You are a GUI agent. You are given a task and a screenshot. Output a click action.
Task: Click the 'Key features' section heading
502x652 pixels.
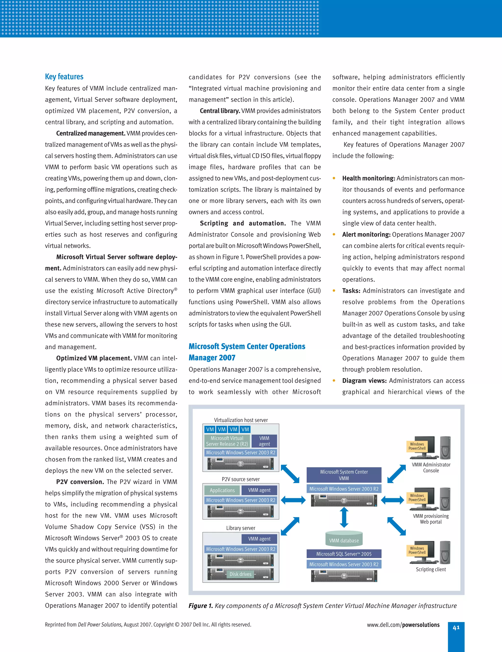tap(64, 77)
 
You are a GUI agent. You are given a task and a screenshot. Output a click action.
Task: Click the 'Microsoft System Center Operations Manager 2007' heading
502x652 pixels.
tap(247, 352)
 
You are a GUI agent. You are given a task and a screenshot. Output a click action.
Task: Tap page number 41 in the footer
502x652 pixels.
tap(456, 627)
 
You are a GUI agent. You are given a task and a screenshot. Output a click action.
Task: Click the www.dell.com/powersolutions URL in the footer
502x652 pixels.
tap(403, 625)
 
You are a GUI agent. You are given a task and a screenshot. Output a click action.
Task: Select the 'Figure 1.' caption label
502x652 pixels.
tap(201, 606)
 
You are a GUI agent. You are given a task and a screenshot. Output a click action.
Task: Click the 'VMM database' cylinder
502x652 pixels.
tap(344, 538)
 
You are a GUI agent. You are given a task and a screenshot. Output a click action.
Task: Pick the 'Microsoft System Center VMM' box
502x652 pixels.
tap(344, 475)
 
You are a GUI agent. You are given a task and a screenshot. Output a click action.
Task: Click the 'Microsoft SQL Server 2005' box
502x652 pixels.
tap(344, 554)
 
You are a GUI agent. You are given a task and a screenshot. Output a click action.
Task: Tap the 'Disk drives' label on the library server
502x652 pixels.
tap(240, 574)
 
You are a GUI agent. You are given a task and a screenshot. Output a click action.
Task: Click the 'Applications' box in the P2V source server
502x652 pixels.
tap(222, 490)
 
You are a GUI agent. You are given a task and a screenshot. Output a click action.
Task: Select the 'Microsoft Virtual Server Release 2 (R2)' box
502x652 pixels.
tap(227, 441)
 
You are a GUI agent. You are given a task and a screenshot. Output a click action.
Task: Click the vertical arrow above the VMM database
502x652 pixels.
tap(344, 517)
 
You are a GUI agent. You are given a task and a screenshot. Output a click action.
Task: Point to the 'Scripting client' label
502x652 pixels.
tap(431, 569)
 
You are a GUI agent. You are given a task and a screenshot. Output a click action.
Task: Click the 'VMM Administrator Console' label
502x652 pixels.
tap(431, 468)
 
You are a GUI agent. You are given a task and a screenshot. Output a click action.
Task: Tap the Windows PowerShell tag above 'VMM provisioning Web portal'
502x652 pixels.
tap(417, 497)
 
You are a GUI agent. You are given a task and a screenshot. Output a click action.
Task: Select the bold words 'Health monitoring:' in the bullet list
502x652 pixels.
tap(369, 178)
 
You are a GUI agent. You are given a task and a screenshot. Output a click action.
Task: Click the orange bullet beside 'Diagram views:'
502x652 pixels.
tap(334, 381)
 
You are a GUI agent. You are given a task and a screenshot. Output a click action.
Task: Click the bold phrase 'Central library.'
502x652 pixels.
tap(220, 111)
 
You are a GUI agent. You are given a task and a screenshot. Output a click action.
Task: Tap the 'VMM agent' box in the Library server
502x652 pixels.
tap(259, 538)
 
